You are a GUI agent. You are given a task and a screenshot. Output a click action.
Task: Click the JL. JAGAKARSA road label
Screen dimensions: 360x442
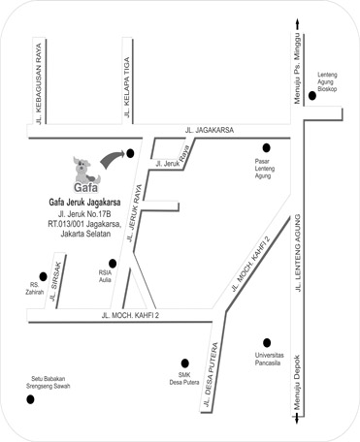pyautogui.click(x=210, y=130)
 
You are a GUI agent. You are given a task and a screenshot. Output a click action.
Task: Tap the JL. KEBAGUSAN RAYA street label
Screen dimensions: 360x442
pyautogui.click(x=39, y=84)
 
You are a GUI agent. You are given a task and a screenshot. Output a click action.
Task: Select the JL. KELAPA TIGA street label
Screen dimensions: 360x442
pyautogui.click(x=127, y=87)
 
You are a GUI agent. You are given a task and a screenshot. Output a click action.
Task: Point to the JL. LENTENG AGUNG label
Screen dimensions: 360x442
pyautogui.click(x=298, y=253)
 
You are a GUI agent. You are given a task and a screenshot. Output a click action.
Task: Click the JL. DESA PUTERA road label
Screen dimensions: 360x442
pyautogui.click(x=211, y=374)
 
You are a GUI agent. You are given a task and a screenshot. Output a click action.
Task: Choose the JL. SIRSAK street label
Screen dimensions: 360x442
pyautogui.click(x=55, y=281)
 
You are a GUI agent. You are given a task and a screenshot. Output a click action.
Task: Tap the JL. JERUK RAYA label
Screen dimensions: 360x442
pyautogui.click(x=135, y=213)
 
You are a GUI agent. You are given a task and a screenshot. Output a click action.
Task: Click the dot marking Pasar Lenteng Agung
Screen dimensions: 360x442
pyautogui.click(x=266, y=148)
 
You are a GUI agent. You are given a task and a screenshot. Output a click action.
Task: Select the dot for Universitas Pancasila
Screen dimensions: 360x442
pyautogui.click(x=267, y=343)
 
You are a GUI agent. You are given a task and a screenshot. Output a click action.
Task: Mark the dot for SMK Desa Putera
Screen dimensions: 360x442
pyautogui.click(x=185, y=363)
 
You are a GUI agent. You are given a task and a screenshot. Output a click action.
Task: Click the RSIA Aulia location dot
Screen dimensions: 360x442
pyautogui.click(x=113, y=264)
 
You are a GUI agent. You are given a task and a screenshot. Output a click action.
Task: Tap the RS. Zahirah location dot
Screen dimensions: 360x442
pyautogui.click(x=43, y=276)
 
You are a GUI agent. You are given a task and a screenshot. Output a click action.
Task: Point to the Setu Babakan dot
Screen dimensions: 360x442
pyautogui.click(x=30, y=399)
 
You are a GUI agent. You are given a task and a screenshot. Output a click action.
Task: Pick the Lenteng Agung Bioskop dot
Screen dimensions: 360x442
pyautogui.click(x=312, y=96)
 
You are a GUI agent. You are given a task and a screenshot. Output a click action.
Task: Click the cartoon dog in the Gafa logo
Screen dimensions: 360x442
pyautogui.click(x=84, y=171)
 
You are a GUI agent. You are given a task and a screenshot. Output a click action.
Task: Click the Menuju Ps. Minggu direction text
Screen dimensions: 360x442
pyautogui.click(x=297, y=69)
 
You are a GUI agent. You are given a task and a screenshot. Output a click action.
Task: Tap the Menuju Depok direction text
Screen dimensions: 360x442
pyautogui.click(x=297, y=383)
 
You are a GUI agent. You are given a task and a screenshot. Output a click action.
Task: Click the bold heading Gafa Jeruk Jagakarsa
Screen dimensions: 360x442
pyautogui.click(x=84, y=203)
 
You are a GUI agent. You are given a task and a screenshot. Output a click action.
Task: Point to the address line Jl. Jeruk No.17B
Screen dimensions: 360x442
pyautogui.click(x=84, y=214)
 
